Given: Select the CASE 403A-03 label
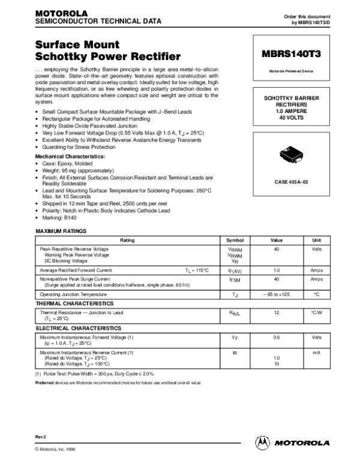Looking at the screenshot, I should tap(291, 181).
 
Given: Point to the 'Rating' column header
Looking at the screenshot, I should tap(127, 240).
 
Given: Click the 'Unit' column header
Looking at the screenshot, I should tap(317, 240).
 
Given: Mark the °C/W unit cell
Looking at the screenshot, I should tap(317, 312).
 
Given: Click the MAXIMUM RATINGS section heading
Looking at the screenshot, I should tap(61, 231).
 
